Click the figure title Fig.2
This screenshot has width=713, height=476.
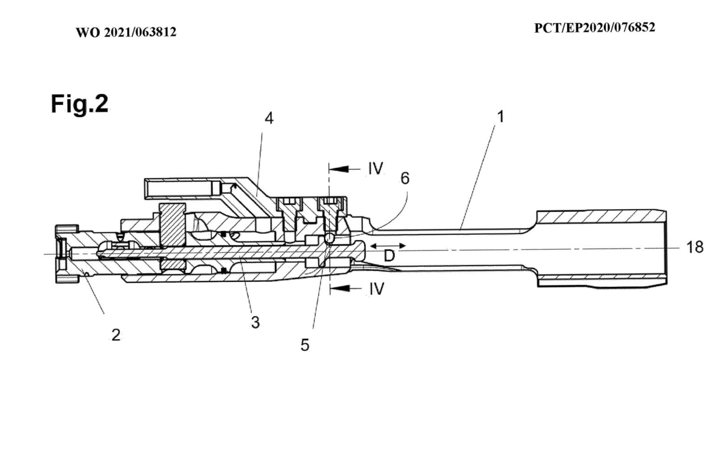click(79, 104)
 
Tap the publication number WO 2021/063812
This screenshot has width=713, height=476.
click(126, 33)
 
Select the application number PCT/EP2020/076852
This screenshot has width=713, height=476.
click(595, 28)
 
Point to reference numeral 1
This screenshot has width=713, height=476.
click(500, 117)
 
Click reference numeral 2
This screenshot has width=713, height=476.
click(116, 334)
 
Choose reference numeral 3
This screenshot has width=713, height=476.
click(255, 322)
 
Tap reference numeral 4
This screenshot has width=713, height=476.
click(269, 119)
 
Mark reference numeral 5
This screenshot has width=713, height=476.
click(305, 345)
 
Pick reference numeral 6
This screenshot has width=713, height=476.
click(405, 178)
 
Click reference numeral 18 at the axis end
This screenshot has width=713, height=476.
click(694, 247)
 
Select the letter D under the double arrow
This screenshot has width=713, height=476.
click(389, 256)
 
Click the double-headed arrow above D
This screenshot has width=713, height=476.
click(388, 245)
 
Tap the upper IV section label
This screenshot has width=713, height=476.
click(376, 169)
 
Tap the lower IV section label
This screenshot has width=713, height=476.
click(376, 289)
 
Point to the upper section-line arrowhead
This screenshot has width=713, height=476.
click(339, 169)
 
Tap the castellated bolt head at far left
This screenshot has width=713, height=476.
click(61, 253)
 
